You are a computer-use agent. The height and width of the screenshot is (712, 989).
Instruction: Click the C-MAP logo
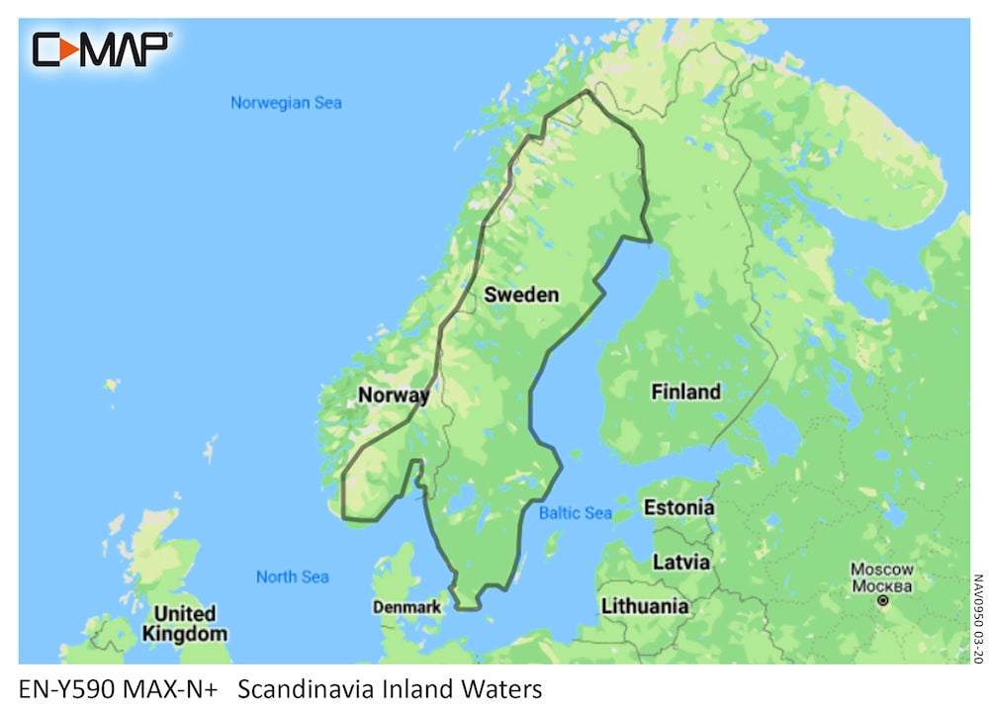click(102, 48)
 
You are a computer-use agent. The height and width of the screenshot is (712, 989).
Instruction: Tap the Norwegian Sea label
click(286, 103)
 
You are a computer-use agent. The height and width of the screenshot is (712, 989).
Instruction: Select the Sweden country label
click(520, 295)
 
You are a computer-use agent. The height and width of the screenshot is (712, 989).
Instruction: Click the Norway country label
click(393, 396)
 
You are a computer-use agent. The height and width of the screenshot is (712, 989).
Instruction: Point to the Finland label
click(685, 393)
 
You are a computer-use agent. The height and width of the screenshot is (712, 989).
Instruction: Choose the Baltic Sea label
click(575, 513)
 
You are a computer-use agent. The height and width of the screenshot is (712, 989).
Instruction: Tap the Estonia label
click(678, 508)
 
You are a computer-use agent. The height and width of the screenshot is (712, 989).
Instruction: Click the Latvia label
click(680, 562)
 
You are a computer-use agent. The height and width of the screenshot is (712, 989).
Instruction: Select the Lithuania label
click(645, 606)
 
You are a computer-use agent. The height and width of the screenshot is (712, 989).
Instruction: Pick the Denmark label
click(406, 607)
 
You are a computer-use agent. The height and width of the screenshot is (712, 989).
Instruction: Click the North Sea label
click(292, 577)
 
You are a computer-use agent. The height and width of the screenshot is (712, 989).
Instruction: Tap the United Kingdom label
click(184, 624)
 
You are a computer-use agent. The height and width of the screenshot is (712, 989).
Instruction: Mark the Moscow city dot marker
click(883, 600)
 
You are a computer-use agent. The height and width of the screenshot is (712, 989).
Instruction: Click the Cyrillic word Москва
click(882, 584)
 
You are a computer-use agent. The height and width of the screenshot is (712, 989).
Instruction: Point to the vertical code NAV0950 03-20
click(977, 618)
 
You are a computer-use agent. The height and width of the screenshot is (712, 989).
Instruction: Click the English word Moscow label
click(882, 570)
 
